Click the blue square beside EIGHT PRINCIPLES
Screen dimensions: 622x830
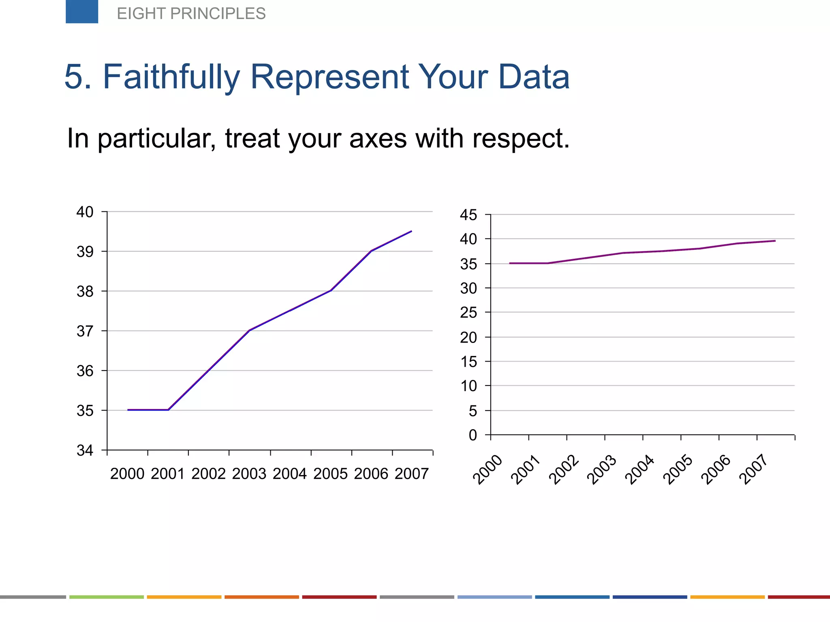pyautogui.click(x=82, y=11)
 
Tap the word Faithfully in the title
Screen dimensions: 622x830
pyautogui.click(x=172, y=77)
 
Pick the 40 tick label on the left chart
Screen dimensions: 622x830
pyautogui.click(x=85, y=212)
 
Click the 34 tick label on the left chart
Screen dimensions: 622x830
pyautogui.click(x=85, y=450)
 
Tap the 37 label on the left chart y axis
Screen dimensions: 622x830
pyautogui.click(x=85, y=331)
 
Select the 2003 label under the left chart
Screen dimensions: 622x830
pyautogui.click(x=249, y=474)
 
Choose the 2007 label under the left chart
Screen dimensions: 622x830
pyautogui.click(x=412, y=474)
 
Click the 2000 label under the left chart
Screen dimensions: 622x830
pyautogui.click(x=127, y=474)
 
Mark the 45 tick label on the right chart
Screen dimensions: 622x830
pyautogui.click(x=468, y=215)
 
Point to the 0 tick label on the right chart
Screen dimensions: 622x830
pyautogui.click(x=473, y=435)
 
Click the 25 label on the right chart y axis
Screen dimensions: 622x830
pyautogui.click(x=468, y=313)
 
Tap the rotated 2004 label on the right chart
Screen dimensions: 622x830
pyautogui.click(x=640, y=470)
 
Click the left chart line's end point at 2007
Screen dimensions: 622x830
pyautogui.click(x=412, y=231)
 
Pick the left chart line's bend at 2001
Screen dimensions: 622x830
pyautogui.click(x=168, y=410)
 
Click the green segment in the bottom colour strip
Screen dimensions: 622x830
pyautogui.click(x=107, y=597)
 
